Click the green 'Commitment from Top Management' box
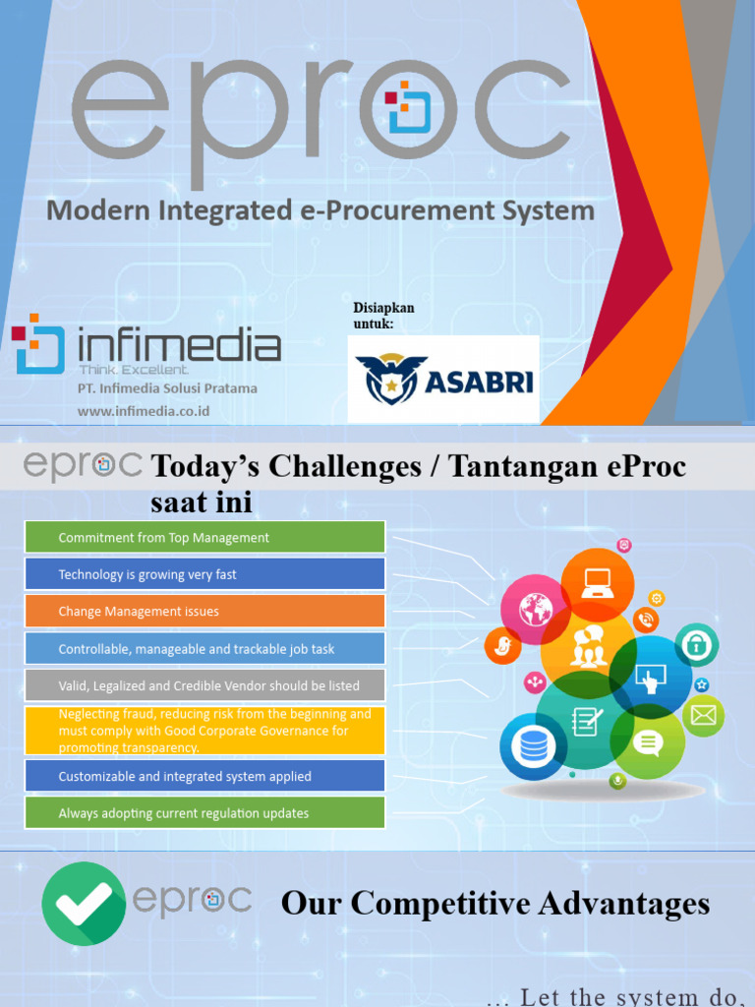tap(204, 537)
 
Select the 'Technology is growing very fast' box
tap(204, 574)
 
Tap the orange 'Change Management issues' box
tap(204, 611)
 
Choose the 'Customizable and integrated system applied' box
tap(204, 776)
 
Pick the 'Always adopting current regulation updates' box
tap(204, 813)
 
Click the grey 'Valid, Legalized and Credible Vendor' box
tap(204, 685)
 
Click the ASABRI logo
tap(443, 380)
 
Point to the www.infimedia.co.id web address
tap(145, 411)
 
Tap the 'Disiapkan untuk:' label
tap(383, 316)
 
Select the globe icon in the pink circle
tap(535, 609)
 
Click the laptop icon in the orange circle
tap(597, 583)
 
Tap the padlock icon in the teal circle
tap(696, 645)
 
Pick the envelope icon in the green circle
tap(703, 716)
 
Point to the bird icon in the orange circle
tap(502, 646)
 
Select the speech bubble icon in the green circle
tap(647, 743)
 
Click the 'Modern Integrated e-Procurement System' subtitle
tap(320, 209)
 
